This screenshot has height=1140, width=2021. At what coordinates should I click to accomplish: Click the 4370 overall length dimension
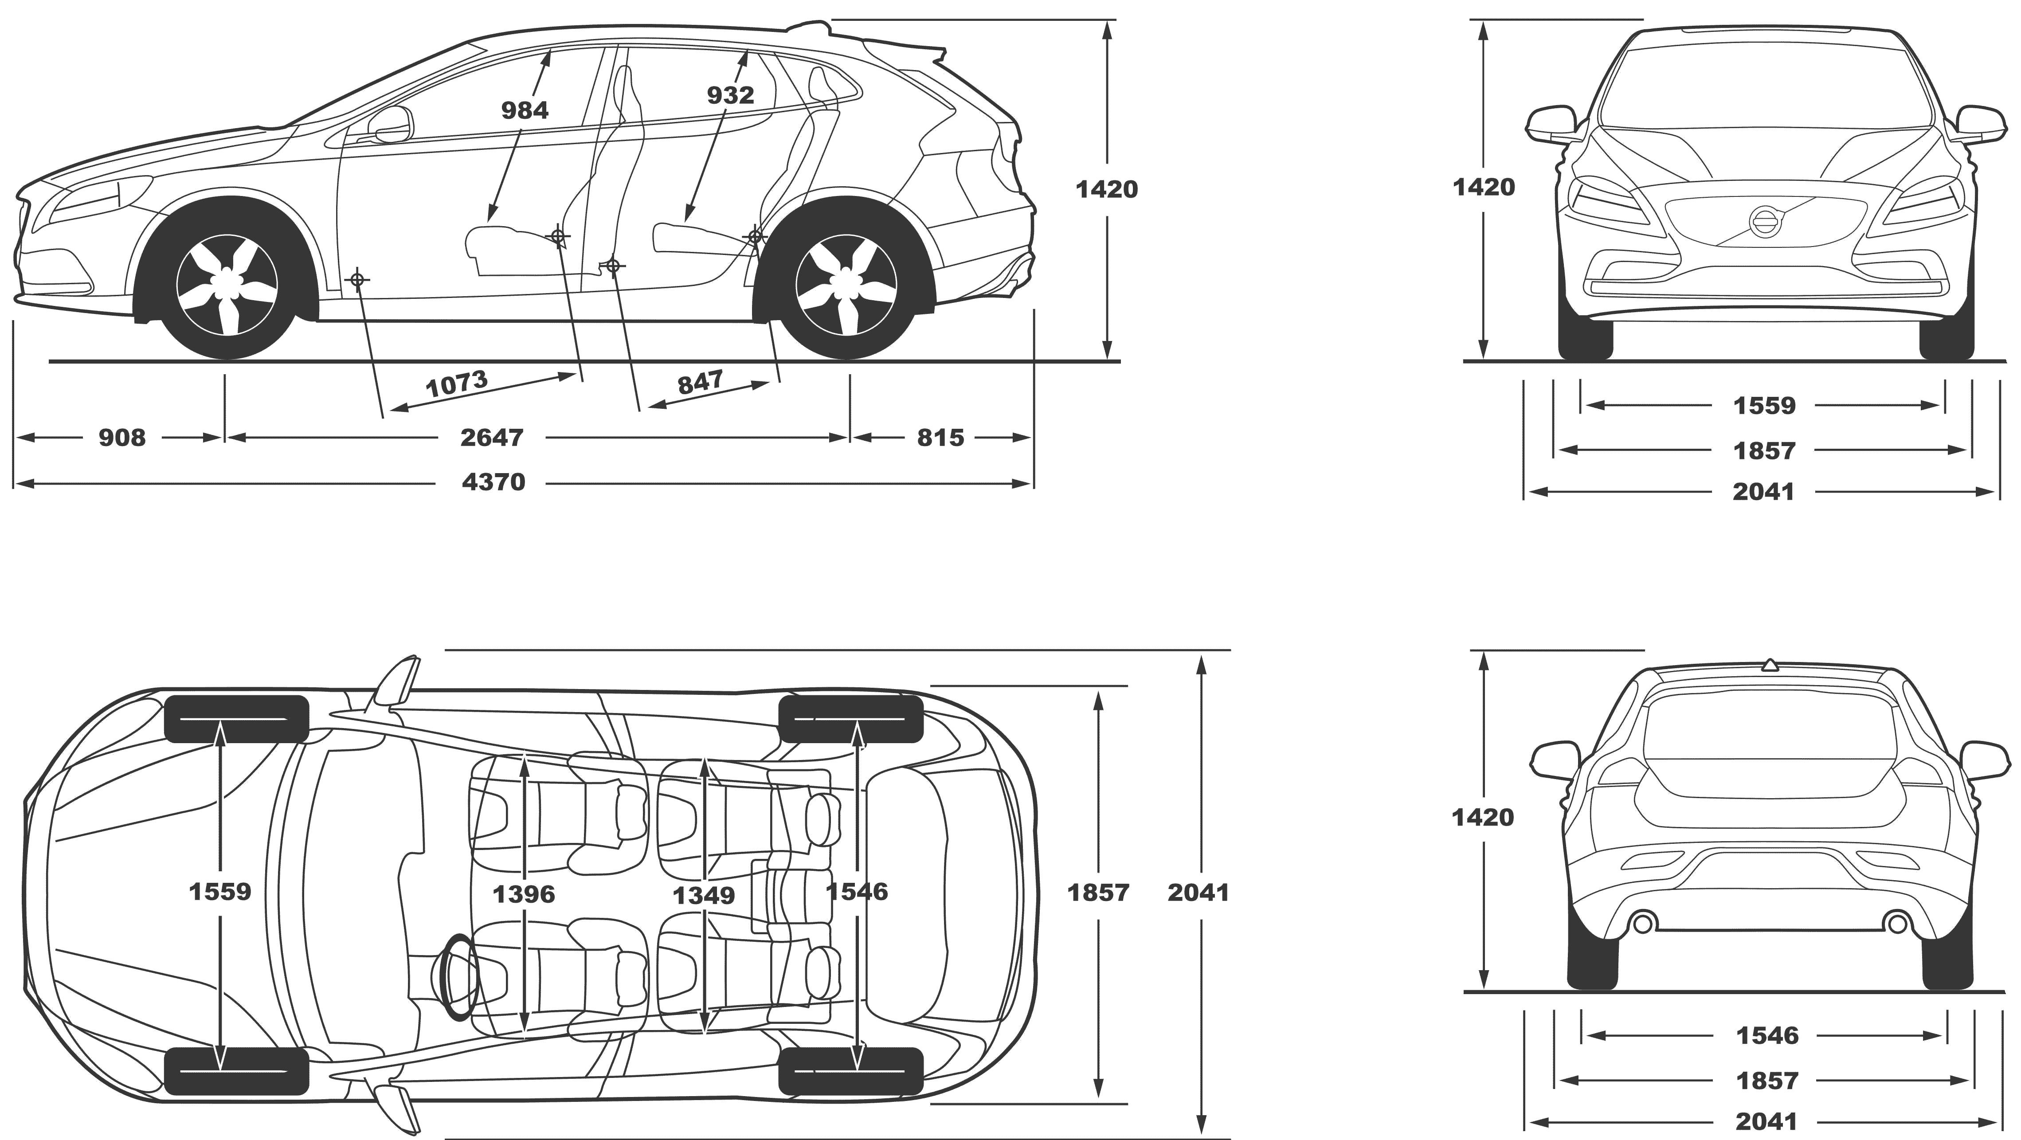[x=493, y=482]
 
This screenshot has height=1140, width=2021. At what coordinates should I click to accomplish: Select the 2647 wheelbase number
[x=491, y=437]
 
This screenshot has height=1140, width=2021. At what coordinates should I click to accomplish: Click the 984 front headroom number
[x=525, y=110]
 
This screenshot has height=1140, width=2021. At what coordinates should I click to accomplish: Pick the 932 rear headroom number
[x=730, y=95]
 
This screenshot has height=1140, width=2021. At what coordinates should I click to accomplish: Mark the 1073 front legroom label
[x=457, y=384]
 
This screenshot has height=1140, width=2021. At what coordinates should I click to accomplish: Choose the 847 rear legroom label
[x=700, y=383]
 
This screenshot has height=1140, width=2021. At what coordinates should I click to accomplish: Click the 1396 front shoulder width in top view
[x=524, y=893]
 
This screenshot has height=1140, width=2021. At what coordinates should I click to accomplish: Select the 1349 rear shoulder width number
[x=705, y=894]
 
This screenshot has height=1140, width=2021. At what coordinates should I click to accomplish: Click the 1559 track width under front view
[x=1764, y=406]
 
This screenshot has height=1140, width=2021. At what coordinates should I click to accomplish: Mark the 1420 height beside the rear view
[x=1482, y=818]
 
